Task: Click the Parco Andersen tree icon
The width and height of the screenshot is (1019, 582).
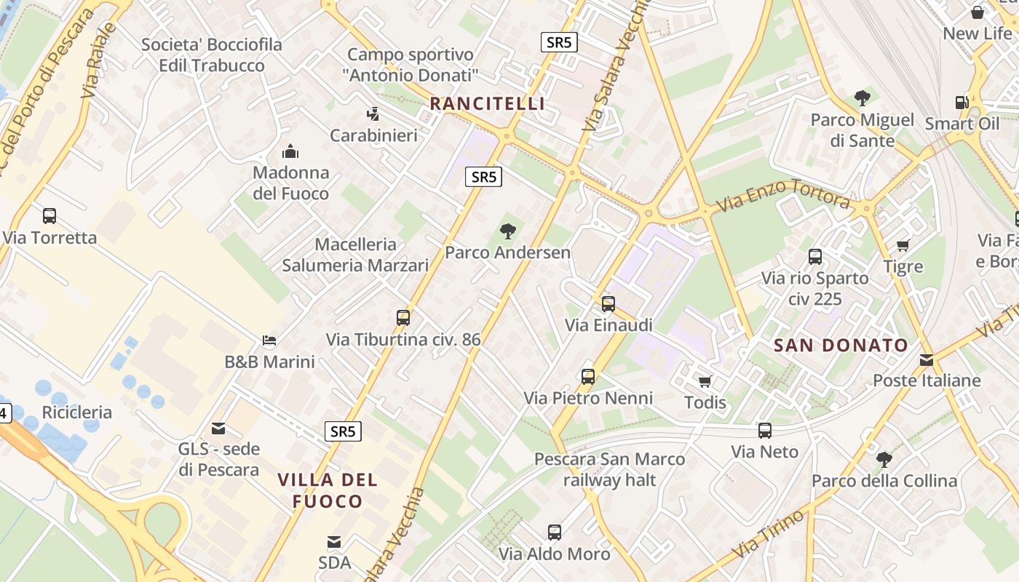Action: click(508, 231)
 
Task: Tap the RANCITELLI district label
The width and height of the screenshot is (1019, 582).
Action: click(487, 103)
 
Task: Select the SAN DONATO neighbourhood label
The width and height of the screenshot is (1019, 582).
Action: click(841, 345)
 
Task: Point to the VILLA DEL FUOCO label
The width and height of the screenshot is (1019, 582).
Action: click(328, 490)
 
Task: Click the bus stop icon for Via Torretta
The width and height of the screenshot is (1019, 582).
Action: click(49, 216)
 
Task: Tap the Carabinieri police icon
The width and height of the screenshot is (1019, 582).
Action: click(373, 114)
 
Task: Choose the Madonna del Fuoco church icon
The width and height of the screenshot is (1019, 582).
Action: click(290, 151)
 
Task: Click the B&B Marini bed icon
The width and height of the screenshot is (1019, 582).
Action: click(269, 340)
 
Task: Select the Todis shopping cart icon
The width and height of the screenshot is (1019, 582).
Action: click(705, 381)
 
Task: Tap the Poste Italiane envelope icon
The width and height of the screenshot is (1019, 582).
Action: click(927, 359)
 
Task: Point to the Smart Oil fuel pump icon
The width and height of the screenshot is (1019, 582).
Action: click(961, 103)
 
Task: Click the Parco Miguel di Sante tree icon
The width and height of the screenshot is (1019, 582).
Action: click(863, 98)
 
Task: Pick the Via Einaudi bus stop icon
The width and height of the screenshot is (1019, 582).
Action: click(608, 304)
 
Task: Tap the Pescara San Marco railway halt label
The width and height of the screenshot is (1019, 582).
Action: click(610, 469)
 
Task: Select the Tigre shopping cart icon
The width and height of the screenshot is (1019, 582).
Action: click(903, 246)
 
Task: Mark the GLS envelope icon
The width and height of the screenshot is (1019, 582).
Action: click(218, 428)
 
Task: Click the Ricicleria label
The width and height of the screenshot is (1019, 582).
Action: click(77, 412)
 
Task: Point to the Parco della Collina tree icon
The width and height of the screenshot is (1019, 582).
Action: click(884, 459)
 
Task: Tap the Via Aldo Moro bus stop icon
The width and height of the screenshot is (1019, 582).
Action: click(555, 533)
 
